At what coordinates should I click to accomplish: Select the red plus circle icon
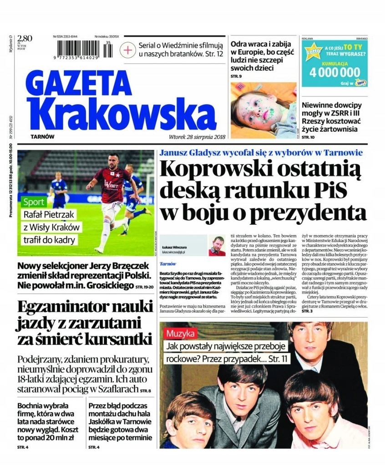[x=129, y=49]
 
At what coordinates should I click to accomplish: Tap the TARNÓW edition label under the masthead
[x=43, y=137]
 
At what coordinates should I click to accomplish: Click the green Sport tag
[x=35, y=202]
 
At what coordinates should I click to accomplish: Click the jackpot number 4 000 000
[x=334, y=72]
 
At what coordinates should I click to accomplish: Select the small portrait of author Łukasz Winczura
[x=217, y=245]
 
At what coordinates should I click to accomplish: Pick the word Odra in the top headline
[x=241, y=45]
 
